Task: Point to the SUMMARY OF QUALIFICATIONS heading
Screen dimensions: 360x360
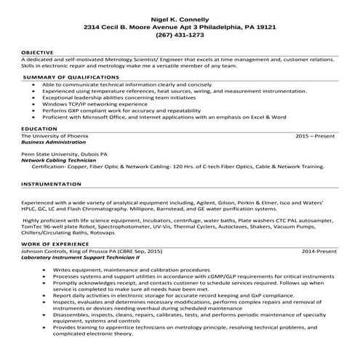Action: [x=69, y=76]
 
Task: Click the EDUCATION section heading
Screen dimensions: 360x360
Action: [x=39, y=129]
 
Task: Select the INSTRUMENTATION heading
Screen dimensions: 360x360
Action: [x=50, y=185]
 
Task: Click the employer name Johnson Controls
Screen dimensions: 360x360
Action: [x=43, y=251]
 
